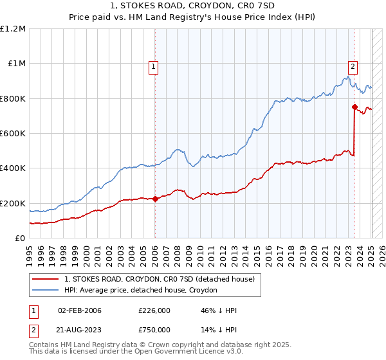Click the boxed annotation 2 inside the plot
[x=353, y=65]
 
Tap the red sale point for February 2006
[x=155, y=199]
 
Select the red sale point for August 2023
[x=354, y=107]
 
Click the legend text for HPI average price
[x=141, y=290]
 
